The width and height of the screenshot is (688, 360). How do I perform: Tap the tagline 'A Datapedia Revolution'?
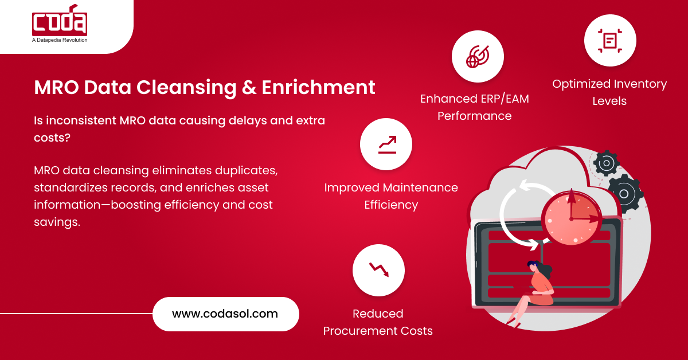(60, 40)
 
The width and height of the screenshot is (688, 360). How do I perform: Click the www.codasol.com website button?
(225, 314)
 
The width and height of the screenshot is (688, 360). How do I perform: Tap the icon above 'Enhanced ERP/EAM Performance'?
(478, 56)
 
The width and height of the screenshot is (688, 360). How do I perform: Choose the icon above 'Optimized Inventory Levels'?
(610, 41)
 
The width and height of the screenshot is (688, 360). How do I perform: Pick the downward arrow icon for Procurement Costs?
(378, 269)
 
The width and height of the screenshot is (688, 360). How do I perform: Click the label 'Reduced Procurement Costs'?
(378, 322)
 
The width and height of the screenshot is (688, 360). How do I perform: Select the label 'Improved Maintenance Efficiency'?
(391, 196)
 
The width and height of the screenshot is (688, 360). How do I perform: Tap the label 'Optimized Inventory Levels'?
(609, 92)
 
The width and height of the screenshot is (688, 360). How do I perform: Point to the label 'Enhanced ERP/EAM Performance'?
(474, 107)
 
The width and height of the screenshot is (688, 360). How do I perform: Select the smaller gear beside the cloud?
(605, 163)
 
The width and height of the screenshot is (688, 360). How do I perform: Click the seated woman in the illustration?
(536, 289)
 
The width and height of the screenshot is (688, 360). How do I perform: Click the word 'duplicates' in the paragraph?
(249, 171)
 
